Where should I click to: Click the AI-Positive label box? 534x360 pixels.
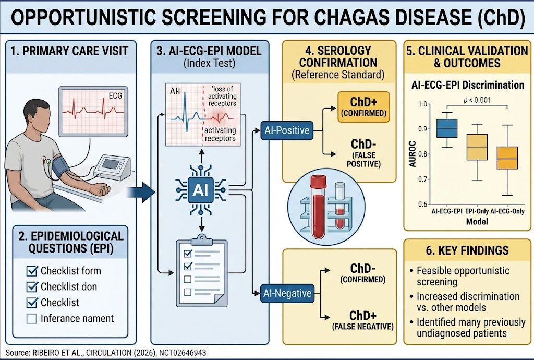pos(287,130)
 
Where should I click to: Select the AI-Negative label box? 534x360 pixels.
pos(287,293)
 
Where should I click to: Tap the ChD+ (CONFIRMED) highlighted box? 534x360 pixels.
pos(363,107)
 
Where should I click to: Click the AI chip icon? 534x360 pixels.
pos(201,190)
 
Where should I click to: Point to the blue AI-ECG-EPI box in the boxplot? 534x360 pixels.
pos(447,128)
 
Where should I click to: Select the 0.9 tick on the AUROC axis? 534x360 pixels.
pos(422,129)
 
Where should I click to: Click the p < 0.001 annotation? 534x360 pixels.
pos(477,100)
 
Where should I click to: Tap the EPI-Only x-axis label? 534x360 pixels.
pos(477,211)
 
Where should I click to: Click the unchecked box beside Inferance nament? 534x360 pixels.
pos(32,319)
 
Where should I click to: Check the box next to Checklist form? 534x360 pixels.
pos(32,271)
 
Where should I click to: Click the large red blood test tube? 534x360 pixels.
pos(318,207)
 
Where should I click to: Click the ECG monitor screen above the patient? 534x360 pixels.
pos(93,111)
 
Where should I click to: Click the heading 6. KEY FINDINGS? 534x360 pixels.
pos(467,250)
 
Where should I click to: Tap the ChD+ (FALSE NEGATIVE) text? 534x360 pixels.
pos(363,320)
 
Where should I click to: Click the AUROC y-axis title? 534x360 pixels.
pos(412,154)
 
